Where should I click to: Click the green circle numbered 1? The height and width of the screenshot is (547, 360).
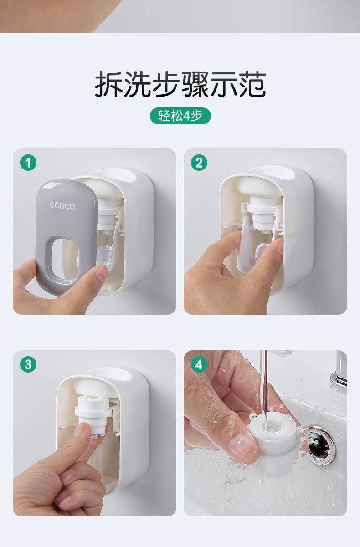point(28,163)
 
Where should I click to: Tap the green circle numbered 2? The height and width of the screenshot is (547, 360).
point(199,163)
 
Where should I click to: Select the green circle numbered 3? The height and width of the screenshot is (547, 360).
point(28,364)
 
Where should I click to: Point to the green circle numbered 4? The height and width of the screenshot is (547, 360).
point(199,364)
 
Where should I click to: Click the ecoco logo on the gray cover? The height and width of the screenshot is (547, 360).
point(62,206)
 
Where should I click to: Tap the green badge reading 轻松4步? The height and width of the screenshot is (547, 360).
point(180,116)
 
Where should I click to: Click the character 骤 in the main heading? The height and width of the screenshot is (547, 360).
point(195,84)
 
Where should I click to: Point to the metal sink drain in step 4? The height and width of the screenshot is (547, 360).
point(320,445)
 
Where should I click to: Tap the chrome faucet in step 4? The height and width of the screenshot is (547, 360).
point(339,373)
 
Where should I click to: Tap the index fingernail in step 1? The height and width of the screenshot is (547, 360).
point(102,273)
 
